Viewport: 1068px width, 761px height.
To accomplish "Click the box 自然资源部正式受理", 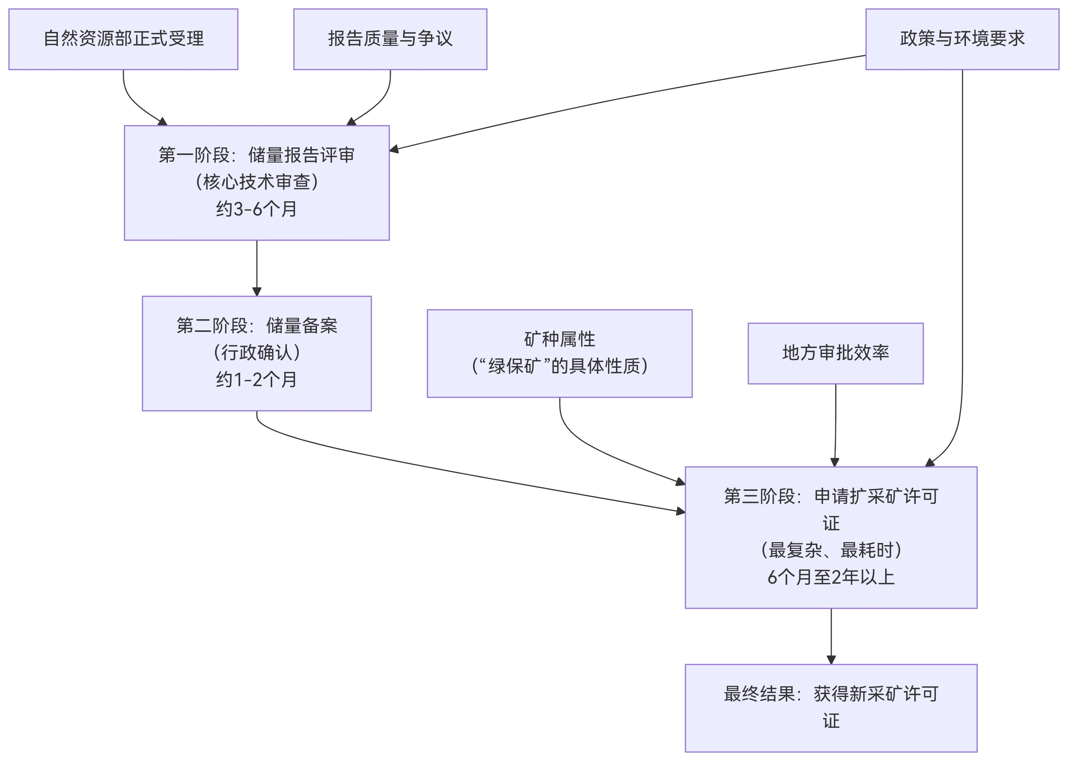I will click(x=123, y=39).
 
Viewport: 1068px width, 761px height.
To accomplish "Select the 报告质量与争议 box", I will click(x=390, y=39).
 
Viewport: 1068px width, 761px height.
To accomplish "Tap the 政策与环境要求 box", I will click(x=962, y=39).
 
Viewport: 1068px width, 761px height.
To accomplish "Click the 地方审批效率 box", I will click(x=835, y=353).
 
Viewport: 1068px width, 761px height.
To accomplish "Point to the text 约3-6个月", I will click(x=256, y=209).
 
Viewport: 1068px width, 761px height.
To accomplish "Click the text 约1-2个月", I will click(x=256, y=379).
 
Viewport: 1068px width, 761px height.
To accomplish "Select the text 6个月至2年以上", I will click(x=831, y=577).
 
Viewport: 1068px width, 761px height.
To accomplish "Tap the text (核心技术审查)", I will click(x=256, y=182).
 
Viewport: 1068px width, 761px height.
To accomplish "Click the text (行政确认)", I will click(x=256, y=352).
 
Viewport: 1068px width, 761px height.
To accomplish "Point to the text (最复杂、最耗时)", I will click(x=831, y=550).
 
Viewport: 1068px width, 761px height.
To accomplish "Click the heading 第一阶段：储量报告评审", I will click(x=256, y=155).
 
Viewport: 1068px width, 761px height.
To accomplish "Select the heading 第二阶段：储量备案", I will click(x=256, y=326).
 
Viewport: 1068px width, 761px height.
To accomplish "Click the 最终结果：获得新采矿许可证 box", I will click(x=831, y=707).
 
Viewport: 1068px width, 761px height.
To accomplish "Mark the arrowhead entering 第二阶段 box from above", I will click(x=257, y=292).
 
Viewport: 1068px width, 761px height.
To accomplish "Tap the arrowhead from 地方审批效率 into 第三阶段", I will click(x=834, y=462).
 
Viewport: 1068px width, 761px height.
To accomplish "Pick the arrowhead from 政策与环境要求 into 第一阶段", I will click(x=394, y=150).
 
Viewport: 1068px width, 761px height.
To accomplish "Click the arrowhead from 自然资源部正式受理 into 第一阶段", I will click(x=162, y=122).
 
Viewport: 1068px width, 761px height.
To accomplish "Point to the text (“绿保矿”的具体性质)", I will click(x=559, y=366).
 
